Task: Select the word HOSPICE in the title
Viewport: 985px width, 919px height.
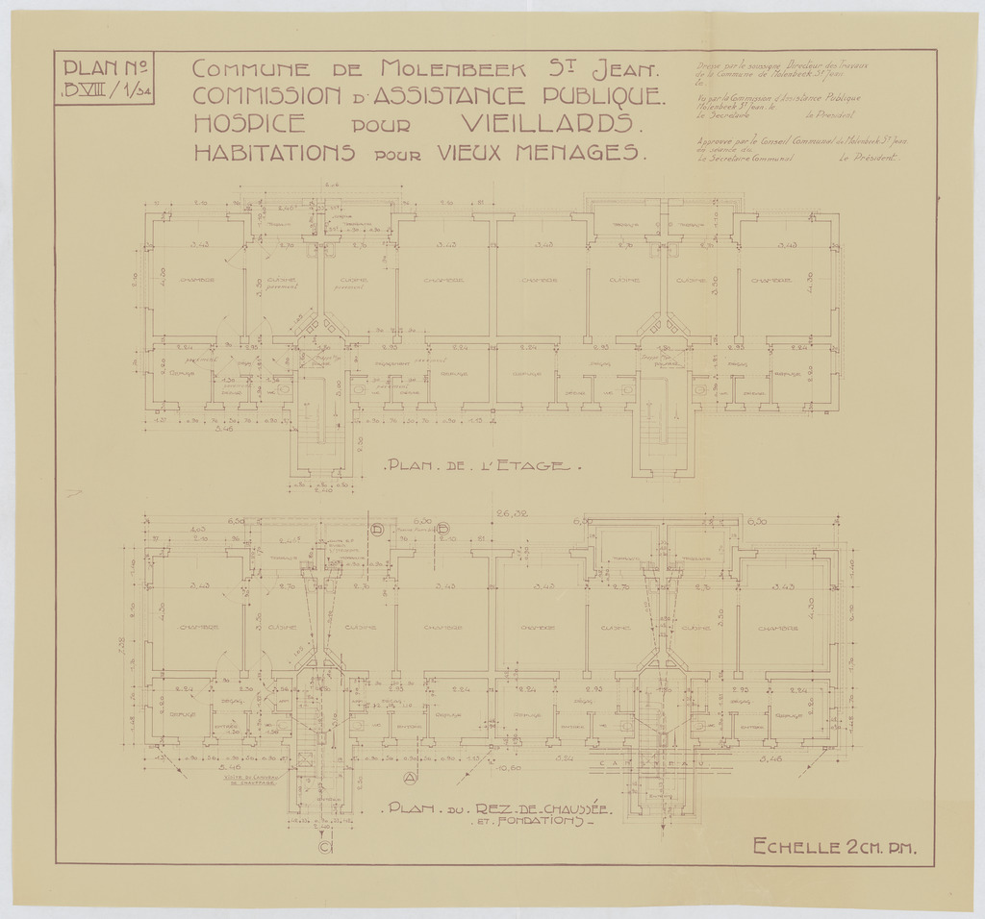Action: pos(250,124)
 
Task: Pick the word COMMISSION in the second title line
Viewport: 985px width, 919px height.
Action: pos(266,96)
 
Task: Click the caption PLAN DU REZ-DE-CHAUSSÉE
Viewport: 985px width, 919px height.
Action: pos(492,808)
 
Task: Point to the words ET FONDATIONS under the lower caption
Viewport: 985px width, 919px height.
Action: pos(533,824)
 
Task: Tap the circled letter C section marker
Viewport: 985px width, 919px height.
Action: pos(325,847)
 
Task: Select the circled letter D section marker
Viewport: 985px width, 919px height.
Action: pos(378,530)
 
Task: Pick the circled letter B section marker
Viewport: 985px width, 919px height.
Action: pos(444,530)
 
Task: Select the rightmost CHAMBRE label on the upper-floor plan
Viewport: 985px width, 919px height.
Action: pos(770,281)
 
